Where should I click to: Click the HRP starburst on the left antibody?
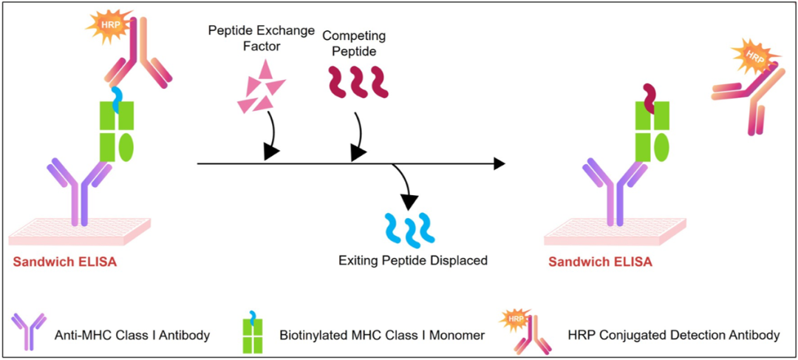[x=108, y=25]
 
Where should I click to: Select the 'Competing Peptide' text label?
[x=354, y=44]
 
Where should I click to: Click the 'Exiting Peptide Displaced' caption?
[x=413, y=261]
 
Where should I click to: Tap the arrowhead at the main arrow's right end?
[x=499, y=163]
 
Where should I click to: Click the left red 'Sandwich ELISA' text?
[x=65, y=262]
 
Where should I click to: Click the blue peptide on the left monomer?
[x=117, y=99]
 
